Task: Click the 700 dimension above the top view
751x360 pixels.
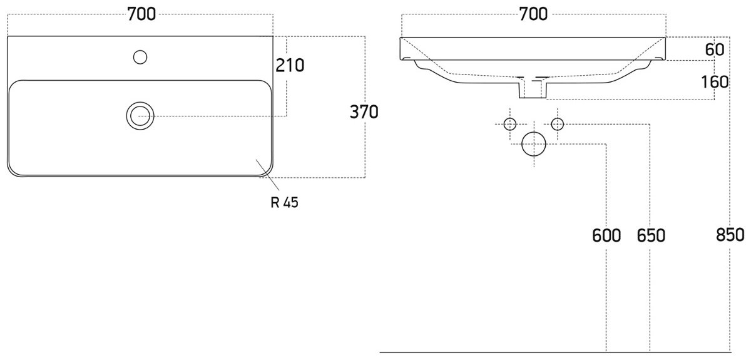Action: pyautogui.click(x=141, y=14)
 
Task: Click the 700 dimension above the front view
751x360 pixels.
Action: pyautogui.click(x=533, y=14)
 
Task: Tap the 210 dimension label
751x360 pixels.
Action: pyautogui.click(x=290, y=65)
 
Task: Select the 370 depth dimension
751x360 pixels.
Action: pyautogui.click(x=364, y=111)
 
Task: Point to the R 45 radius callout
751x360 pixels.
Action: pyautogui.click(x=284, y=202)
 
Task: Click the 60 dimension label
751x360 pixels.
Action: pyautogui.click(x=715, y=49)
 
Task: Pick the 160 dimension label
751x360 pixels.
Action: pyautogui.click(x=715, y=82)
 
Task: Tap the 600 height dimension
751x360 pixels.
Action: pyautogui.click(x=606, y=235)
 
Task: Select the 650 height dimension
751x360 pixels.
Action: pyautogui.click(x=651, y=235)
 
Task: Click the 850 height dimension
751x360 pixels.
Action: pyautogui.click(x=730, y=235)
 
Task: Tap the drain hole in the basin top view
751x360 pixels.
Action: pyautogui.click(x=140, y=102)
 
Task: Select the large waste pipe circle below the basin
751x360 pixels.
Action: pyautogui.click(x=534, y=132)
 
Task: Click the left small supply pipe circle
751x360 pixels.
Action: pyautogui.click(x=510, y=118)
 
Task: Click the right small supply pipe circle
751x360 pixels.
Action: pyautogui.click(x=558, y=118)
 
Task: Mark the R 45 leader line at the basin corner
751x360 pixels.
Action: pyautogui.click(x=268, y=175)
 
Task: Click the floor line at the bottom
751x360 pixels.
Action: pyautogui.click(x=555, y=352)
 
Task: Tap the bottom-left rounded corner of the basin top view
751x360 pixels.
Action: pyautogui.click(x=12, y=172)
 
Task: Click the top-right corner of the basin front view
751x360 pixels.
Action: pyautogui.click(x=665, y=37)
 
